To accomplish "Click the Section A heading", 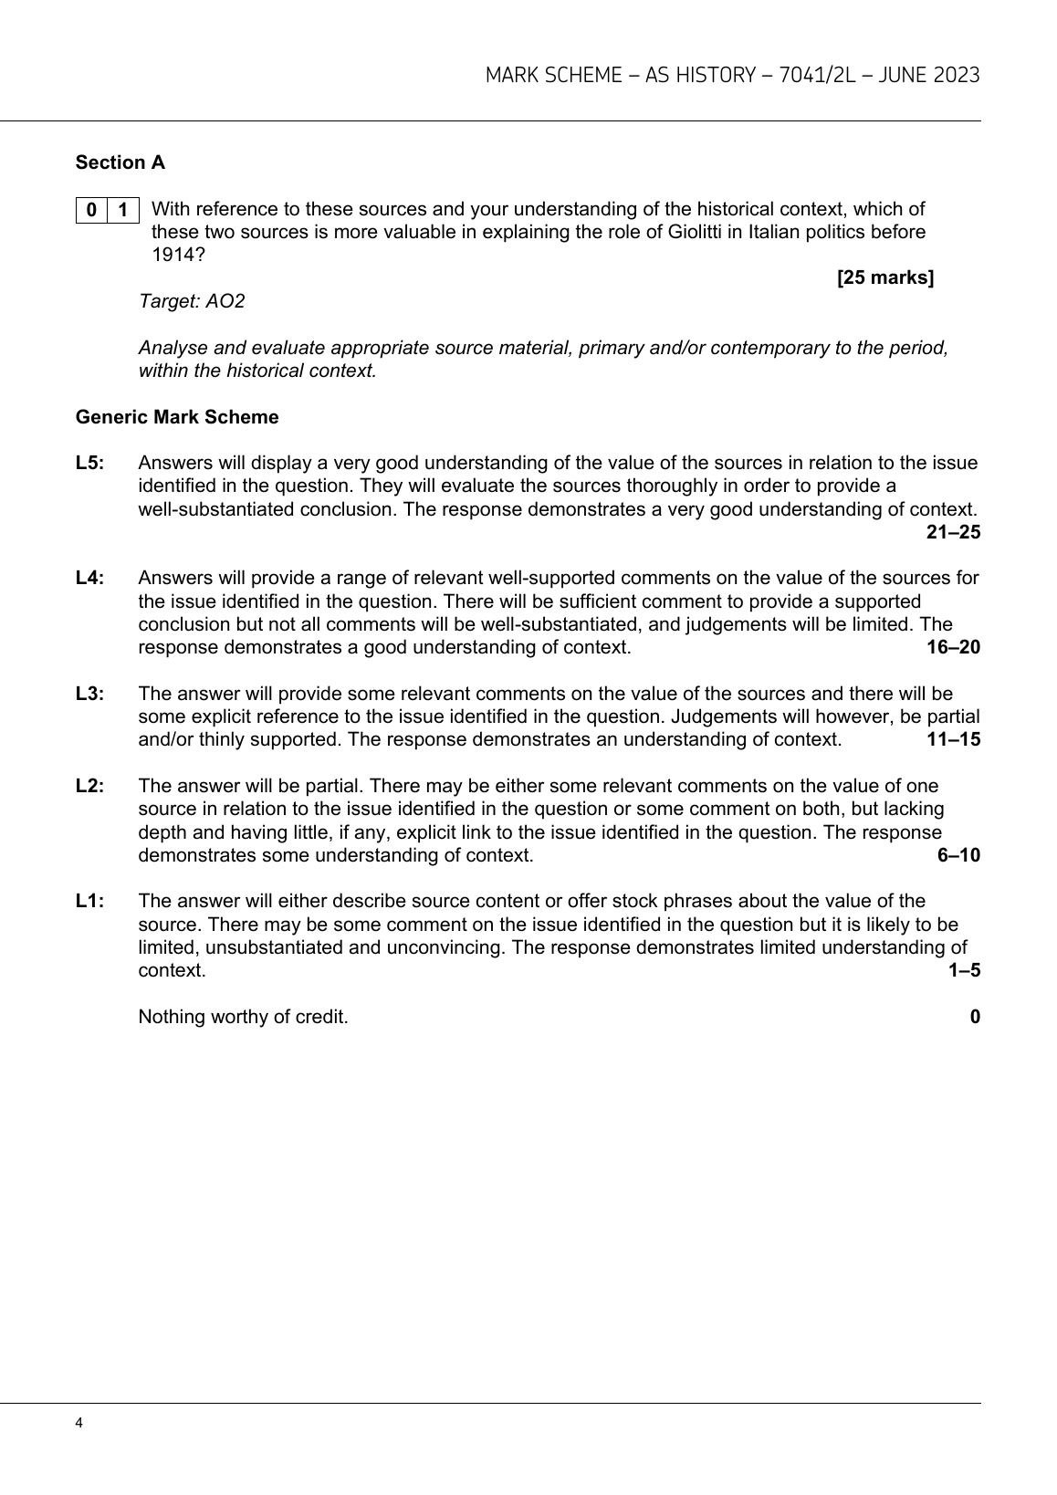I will coord(120,162).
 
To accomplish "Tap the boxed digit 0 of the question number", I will coord(91,210).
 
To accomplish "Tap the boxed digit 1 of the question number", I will coord(123,210).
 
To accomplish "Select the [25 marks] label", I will coord(884,277).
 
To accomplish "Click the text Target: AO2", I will coord(192,301).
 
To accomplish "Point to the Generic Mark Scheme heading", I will coord(177,417).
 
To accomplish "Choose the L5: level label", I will coord(90,464).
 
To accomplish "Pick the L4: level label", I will coord(90,579).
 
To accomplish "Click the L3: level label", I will coord(90,694).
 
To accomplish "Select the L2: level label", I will coord(90,786).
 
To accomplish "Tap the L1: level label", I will coord(90,901).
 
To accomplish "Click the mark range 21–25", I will coord(953,532).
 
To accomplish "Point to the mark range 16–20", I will coord(953,647).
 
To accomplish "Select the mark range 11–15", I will coord(953,739).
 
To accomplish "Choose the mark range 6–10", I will coord(958,855).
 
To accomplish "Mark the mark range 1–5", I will coord(964,970).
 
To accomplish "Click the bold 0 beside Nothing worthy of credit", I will coord(975,1017).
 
